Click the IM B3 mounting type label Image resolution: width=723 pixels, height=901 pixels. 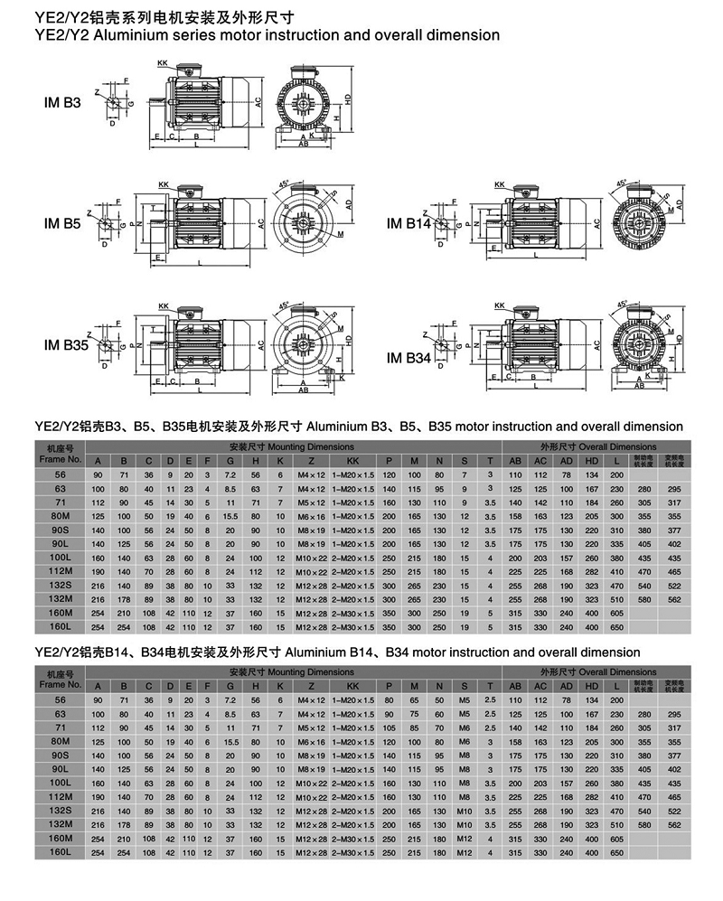pyautogui.click(x=62, y=104)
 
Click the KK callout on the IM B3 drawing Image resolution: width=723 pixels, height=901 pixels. pyautogui.click(x=163, y=63)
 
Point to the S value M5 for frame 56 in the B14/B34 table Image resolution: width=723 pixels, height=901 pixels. pyautogui.click(x=465, y=700)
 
